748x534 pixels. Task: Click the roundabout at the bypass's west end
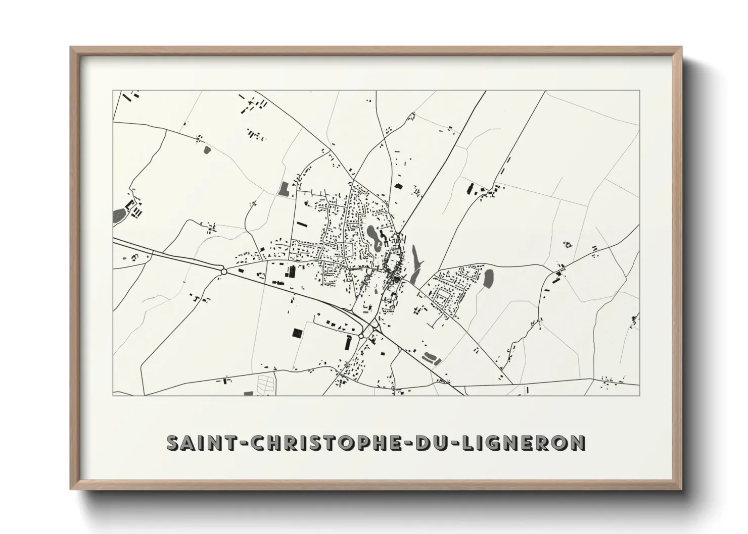[x=223, y=272]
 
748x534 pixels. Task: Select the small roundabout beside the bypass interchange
[x=361, y=336]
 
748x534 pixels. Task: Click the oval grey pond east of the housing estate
[x=488, y=278]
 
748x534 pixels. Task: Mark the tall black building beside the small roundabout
[x=348, y=342]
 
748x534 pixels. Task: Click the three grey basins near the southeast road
[x=431, y=358]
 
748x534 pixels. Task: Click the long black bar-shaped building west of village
[x=302, y=223]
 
